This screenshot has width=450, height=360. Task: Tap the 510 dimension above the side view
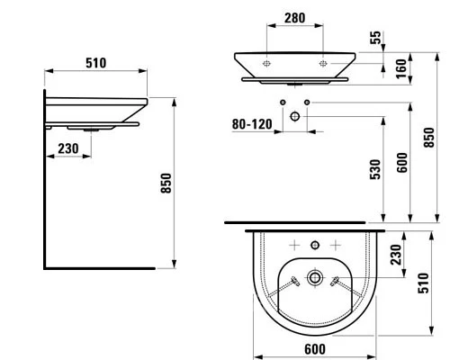coord(96,62)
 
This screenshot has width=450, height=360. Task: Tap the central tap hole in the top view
coord(312,245)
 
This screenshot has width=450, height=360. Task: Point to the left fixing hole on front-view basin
coord(267,65)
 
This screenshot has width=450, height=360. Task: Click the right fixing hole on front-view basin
coord(324,65)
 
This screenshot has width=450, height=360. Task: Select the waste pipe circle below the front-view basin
coord(295,116)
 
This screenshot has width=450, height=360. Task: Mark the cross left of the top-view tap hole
coord(292,245)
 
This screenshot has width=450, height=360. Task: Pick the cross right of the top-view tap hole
coord(334,245)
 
